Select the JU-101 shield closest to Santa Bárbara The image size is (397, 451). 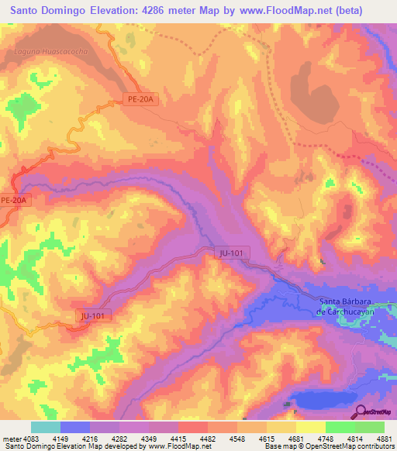[x=230, y=252]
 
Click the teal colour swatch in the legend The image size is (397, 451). [x=46, y=427]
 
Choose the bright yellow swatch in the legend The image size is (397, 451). [x=311, y=427]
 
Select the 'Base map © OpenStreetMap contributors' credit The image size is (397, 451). [x=326, y=446]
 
